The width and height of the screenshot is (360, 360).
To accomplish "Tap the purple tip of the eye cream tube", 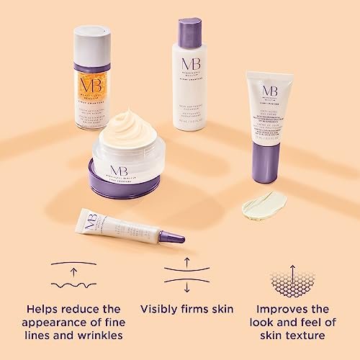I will click(171, 235).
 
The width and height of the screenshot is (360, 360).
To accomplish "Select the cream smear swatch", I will click(264, 204).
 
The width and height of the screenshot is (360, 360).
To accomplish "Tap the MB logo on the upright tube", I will click(270, 91).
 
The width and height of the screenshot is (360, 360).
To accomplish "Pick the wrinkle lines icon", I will click(74, 275).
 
